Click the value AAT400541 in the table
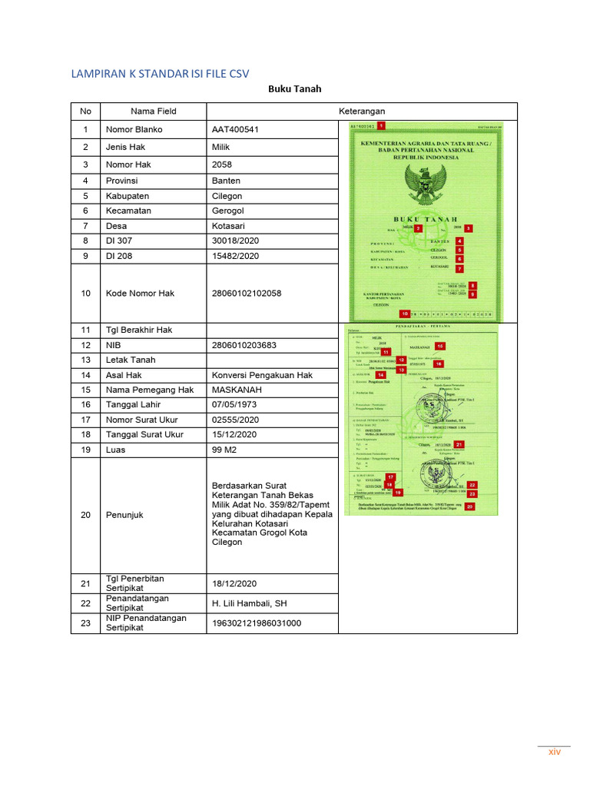235,129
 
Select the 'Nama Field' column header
153,111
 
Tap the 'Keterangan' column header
362,111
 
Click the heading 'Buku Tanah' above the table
294,89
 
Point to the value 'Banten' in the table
226,181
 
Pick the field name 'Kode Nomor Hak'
140,293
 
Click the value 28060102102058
246,293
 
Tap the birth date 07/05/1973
234,404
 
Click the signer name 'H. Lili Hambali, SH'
249,603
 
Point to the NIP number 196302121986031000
256,623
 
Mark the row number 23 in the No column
85,623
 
